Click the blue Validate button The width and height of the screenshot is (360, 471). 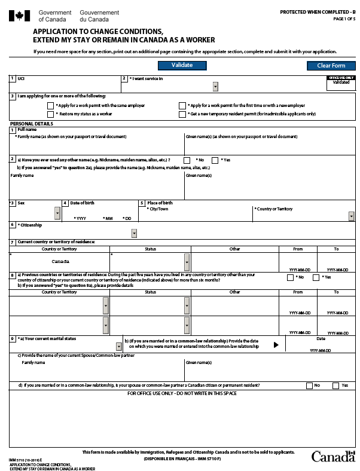pyautogui.click(x=182, y=65)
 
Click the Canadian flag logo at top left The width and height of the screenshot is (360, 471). pyautogui.click(x=19, y=16)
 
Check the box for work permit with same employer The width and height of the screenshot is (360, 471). pyautogui.click(x=51, y=106)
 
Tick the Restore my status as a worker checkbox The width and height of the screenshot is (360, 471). pyautogui.click(x=51, y=114)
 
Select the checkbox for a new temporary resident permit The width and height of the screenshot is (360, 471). pyautogui.click(x=182, y=114)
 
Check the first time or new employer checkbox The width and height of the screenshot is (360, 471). pyautogui.click(x=182, y=106)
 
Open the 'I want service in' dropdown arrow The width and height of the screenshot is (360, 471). pyautogui.click(x=215, y=87)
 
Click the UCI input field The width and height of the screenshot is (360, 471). pyautogui.click(x=66, y=84)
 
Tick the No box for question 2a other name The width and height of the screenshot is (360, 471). pyautogui.click(x=187, y=160)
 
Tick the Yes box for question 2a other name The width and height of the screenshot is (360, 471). pyautogui.click(x=215, y=160)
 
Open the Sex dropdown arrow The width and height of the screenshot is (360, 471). pyautogui.click(x=57, y=213)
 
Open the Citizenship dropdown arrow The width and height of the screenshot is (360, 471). pyautogui.click(x=134, y=234)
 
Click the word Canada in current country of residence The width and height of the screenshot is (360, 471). pyautogui.click(x=60, y=262)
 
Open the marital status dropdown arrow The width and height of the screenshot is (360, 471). pyautogui.click(x=119, y=346)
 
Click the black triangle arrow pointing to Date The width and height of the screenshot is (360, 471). pyautogui.click(x=276, y=345)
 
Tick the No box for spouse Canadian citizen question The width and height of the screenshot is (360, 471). pyautogui.click(x=309, y=386)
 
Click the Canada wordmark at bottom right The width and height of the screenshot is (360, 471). pyautogui.click(x=332, y=457)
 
